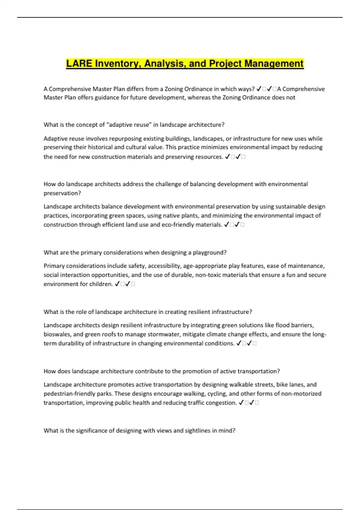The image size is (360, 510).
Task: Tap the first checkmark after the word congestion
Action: coord(241,403)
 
